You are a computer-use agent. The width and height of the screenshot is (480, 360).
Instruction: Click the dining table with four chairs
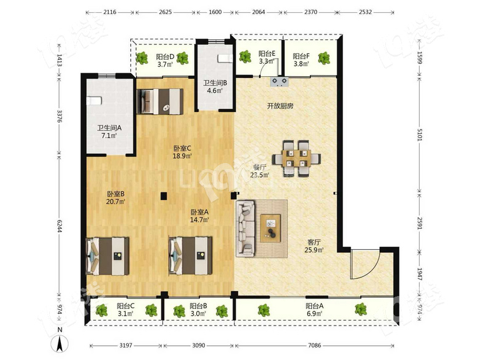click(x=297, y=158)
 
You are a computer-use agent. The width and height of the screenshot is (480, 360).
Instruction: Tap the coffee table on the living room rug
click(x=270, y=228)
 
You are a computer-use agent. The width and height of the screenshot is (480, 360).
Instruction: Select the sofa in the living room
click(x=246, y=228)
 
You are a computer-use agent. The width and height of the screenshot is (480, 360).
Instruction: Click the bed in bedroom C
click(x=160, y=102)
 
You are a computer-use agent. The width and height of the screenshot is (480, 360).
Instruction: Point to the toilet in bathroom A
click(x=94, y=100)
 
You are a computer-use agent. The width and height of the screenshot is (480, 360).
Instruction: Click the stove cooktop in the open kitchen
click(x=279, y=81)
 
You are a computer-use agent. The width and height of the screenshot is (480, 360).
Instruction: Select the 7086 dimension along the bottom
click(x=314, y=345)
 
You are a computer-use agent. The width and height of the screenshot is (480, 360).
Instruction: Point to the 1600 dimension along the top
click(x=215, y=12)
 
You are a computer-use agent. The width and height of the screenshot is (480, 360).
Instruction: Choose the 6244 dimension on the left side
click(x=60, y=225)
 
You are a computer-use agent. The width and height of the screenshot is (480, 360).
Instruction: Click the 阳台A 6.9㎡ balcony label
click(x=314, y=309)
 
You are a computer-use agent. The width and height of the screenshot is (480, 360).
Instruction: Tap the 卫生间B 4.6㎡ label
click(x=215, y=86)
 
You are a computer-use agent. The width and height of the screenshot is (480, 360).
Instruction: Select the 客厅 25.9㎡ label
click(x=314, y=246)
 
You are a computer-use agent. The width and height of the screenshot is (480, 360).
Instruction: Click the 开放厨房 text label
click(x=281, y=106)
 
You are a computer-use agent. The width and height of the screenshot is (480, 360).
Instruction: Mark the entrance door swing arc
click(x=371, y=270)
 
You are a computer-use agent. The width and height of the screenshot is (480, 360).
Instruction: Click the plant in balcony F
click(x=324, y=58)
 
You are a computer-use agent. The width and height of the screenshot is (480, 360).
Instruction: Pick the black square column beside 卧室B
click(x=164, y=196)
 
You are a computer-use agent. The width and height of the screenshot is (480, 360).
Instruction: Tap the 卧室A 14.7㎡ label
click(x=199, y=215)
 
